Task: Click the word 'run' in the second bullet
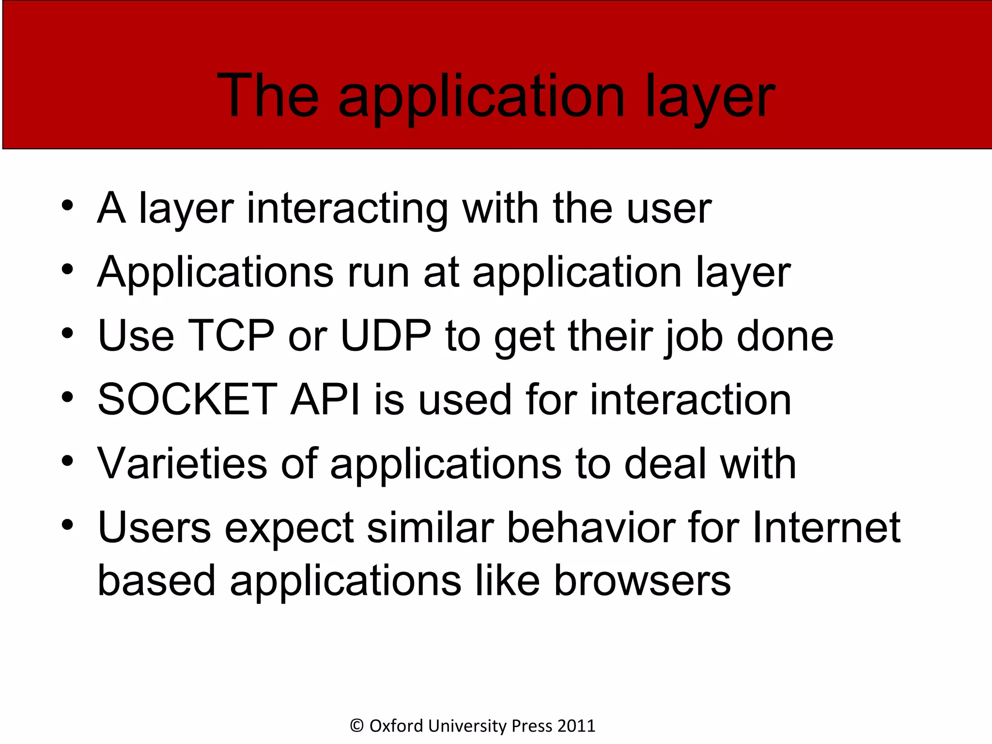coord(378,273)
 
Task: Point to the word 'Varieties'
coord(182,464)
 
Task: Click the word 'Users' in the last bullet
coord(155,527)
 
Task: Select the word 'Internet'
coord(826,527)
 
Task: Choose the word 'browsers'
coord(642,581)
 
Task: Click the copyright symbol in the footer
coord(356,726)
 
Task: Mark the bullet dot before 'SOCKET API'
coord(67,398)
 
